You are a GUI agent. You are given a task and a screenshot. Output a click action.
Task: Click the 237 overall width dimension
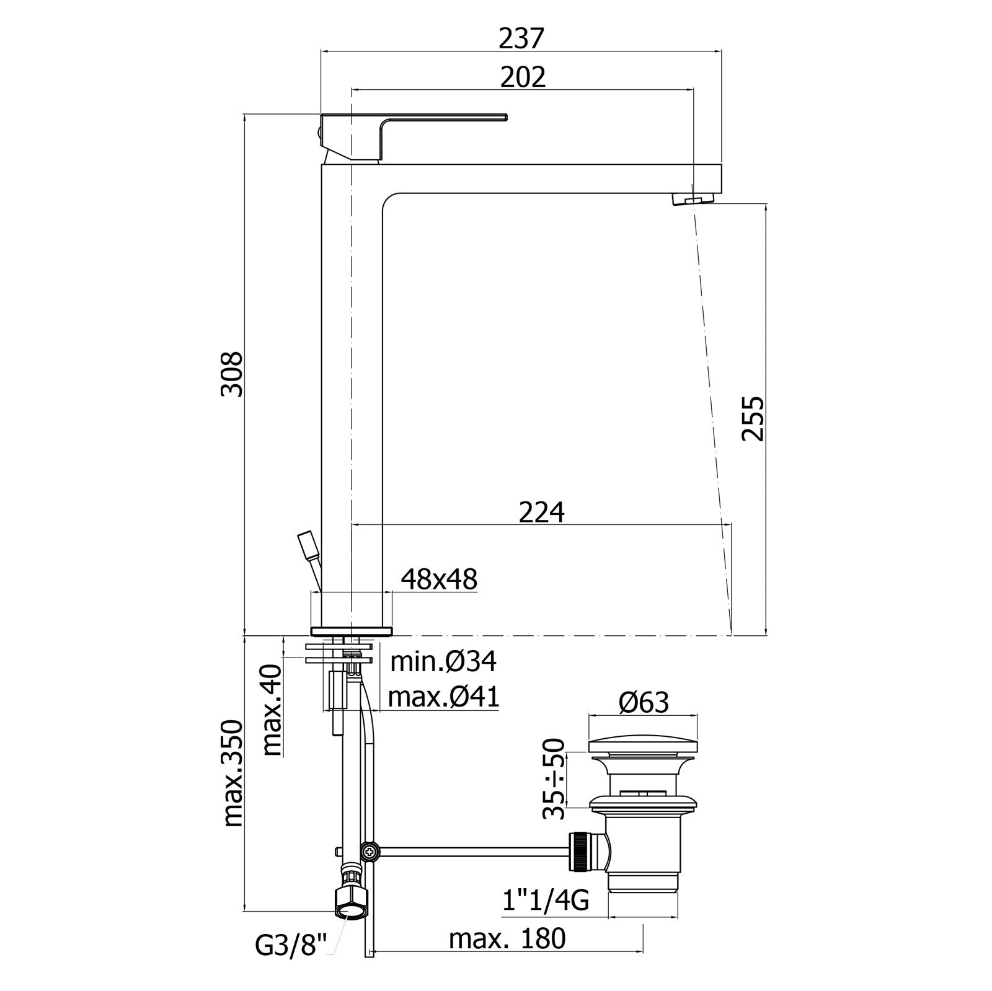tap(521, 38)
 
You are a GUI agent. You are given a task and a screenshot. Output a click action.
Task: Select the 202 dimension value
tap(523, 77)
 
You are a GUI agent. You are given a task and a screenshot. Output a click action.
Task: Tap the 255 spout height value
tap(753, 418)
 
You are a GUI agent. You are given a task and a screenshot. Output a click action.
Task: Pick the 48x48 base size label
tap(439, 579)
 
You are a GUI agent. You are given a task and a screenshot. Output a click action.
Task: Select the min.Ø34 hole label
tap(443, 662)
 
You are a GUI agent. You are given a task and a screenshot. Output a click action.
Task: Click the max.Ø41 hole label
tap(443, 698)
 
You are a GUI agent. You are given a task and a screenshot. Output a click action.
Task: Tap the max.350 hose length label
tap(233, 773)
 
